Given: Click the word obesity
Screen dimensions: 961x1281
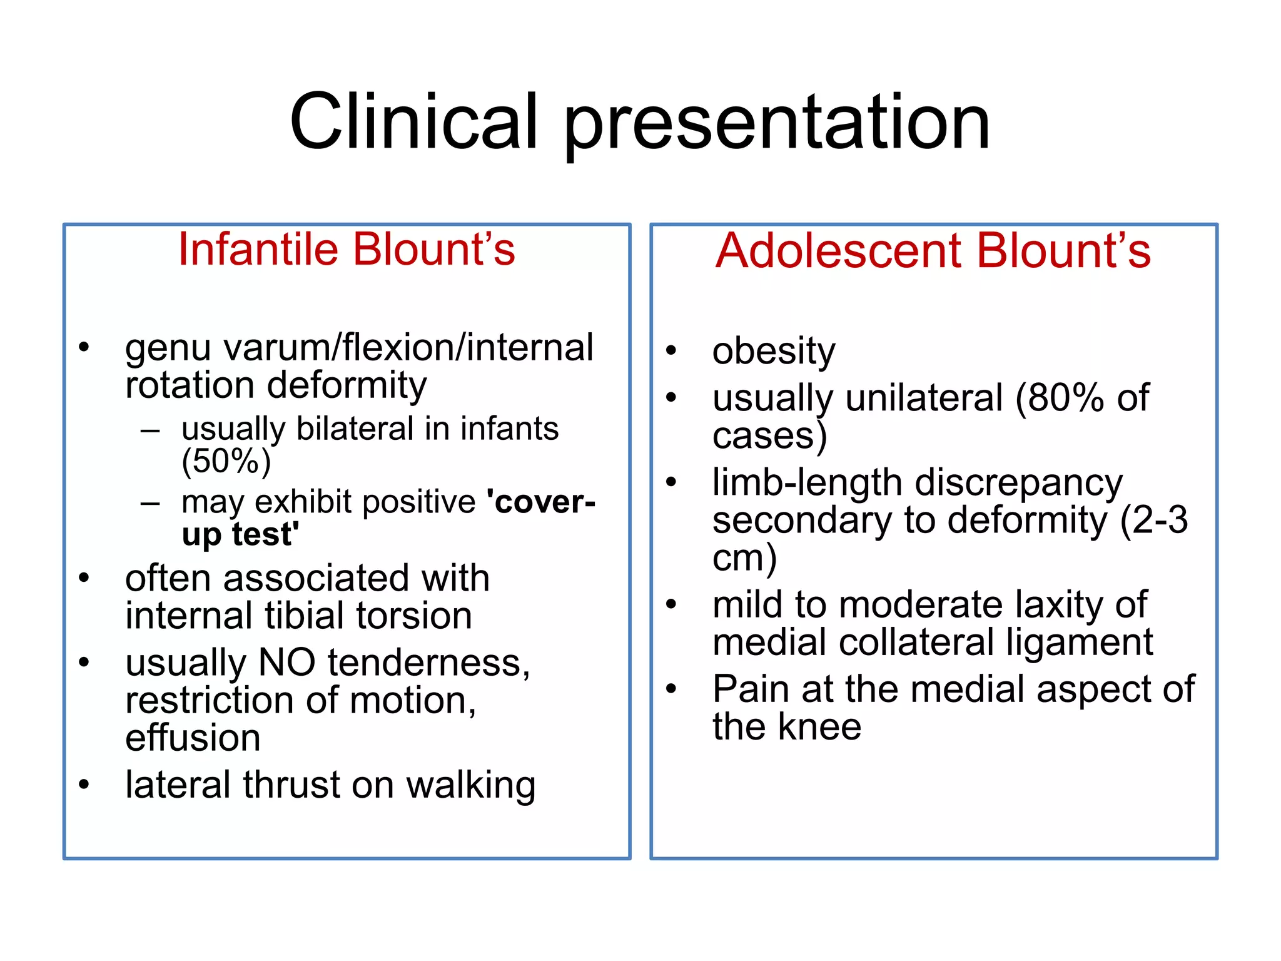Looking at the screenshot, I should (x=773, y=351).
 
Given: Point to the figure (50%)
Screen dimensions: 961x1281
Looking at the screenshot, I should (x=226, y=461).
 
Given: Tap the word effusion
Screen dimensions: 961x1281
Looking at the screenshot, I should (x=193, y=738).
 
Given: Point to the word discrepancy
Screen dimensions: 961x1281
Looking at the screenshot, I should (x=1019, y=482).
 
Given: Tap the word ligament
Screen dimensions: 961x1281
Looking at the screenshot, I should (x=1080, y=642).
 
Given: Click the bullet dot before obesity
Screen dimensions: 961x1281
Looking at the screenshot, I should (x=671, y=350).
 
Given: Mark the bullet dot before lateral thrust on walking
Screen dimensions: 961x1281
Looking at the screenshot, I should (x=84, y=785).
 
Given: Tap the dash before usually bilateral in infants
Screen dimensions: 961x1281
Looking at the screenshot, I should (x=150, y=430).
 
